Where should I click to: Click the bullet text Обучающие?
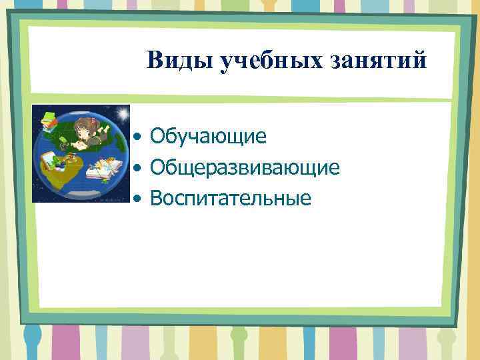208,137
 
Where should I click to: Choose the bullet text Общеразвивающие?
245,167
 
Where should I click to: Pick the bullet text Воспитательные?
231,197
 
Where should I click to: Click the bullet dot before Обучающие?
136,138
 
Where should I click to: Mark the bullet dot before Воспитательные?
136,199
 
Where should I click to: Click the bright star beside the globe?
125,111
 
